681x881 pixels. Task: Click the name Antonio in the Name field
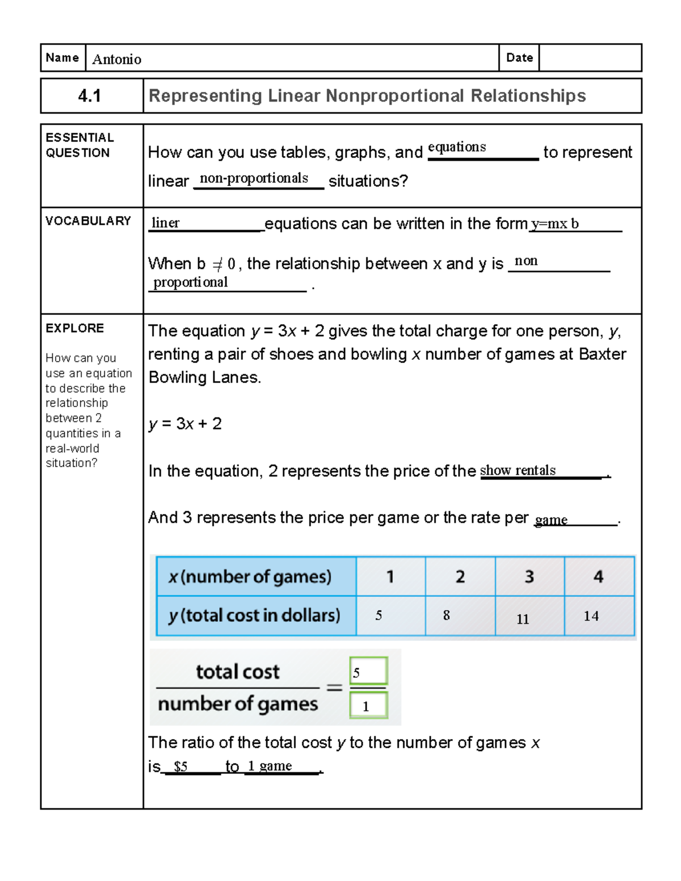click(117, 59)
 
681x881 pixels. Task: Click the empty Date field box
click(590, 58)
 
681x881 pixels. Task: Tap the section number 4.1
click(90, 96)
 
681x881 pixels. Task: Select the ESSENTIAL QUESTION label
click(79, 145)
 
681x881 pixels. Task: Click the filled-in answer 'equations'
click(457, 147)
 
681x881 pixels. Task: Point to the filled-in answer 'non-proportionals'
click(254, 178)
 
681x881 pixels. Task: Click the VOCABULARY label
click(88, 221)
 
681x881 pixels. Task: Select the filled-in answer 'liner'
click(166, 223)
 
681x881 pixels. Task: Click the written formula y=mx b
click(554, 224)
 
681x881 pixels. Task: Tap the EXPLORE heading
click(75, 328)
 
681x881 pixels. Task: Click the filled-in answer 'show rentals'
click(518, 470)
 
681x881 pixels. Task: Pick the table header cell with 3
click(529, 576)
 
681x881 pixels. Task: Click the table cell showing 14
click(598, 616)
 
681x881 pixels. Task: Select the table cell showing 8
click(460, 616)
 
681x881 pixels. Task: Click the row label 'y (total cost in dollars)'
click(255, 616)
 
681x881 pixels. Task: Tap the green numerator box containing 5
click(368, 671)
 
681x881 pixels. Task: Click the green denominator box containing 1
click(368, 706)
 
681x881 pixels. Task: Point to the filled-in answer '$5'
click(180, 766)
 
